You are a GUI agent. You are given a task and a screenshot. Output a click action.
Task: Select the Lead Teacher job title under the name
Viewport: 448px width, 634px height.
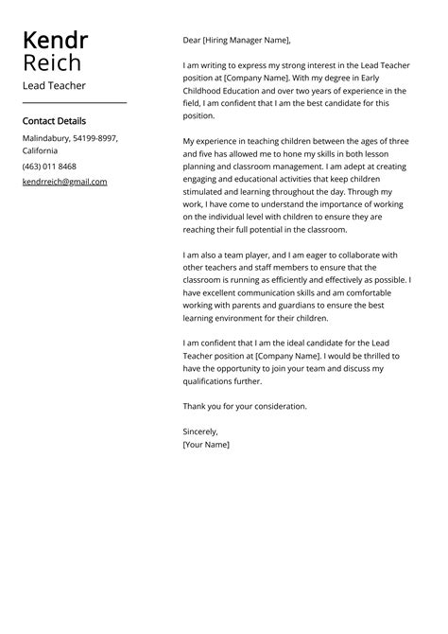pos(54,86)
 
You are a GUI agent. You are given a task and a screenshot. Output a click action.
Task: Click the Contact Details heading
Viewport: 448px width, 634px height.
pos(54,121)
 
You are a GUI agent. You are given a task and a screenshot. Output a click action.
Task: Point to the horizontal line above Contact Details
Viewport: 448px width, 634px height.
pos(75,102)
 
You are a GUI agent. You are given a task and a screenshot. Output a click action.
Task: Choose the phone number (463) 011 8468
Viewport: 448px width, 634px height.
pos(49,167)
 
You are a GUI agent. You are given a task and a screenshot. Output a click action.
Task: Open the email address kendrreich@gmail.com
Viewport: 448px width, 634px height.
pos(64,182)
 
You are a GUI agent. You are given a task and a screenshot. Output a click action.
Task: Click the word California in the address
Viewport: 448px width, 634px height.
pos(40,150)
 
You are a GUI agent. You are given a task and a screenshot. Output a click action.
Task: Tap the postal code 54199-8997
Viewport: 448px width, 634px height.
pos(95,138)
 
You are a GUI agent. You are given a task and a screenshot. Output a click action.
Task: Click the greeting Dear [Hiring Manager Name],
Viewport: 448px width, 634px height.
pos(236,41)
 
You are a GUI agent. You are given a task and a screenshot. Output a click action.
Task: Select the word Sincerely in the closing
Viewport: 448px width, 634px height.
pos(199,431)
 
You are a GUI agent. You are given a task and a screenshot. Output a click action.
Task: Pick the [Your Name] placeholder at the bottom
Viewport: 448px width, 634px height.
pos(206,444)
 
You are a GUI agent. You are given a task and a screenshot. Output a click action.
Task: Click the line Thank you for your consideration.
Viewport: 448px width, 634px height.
pos(245,406)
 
